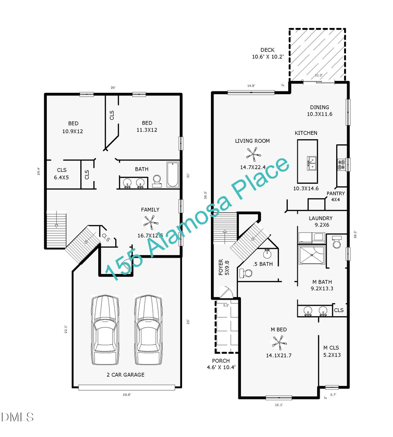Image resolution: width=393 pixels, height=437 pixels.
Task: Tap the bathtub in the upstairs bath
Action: (173, 175)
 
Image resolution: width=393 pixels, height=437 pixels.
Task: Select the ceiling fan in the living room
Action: (253, 153)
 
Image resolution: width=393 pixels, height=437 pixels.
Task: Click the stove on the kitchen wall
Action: (341, 164)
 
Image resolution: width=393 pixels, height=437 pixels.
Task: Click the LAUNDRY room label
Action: (321, 218)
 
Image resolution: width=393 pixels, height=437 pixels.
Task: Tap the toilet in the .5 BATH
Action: (246, 273)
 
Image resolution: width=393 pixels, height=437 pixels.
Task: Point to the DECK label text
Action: (267, 50)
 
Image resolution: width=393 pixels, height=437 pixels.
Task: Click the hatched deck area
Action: (317, 55)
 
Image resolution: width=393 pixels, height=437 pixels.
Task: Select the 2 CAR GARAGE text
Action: (126, 374)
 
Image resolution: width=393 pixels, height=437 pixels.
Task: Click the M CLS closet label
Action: (332, 348)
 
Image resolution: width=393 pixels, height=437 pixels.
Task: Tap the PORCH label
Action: (221, 361)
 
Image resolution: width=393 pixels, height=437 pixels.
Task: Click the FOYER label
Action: (221, 268)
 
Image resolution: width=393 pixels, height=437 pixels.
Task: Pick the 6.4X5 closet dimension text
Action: (62, 178)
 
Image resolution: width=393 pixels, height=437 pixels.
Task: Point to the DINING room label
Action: (320, 107)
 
